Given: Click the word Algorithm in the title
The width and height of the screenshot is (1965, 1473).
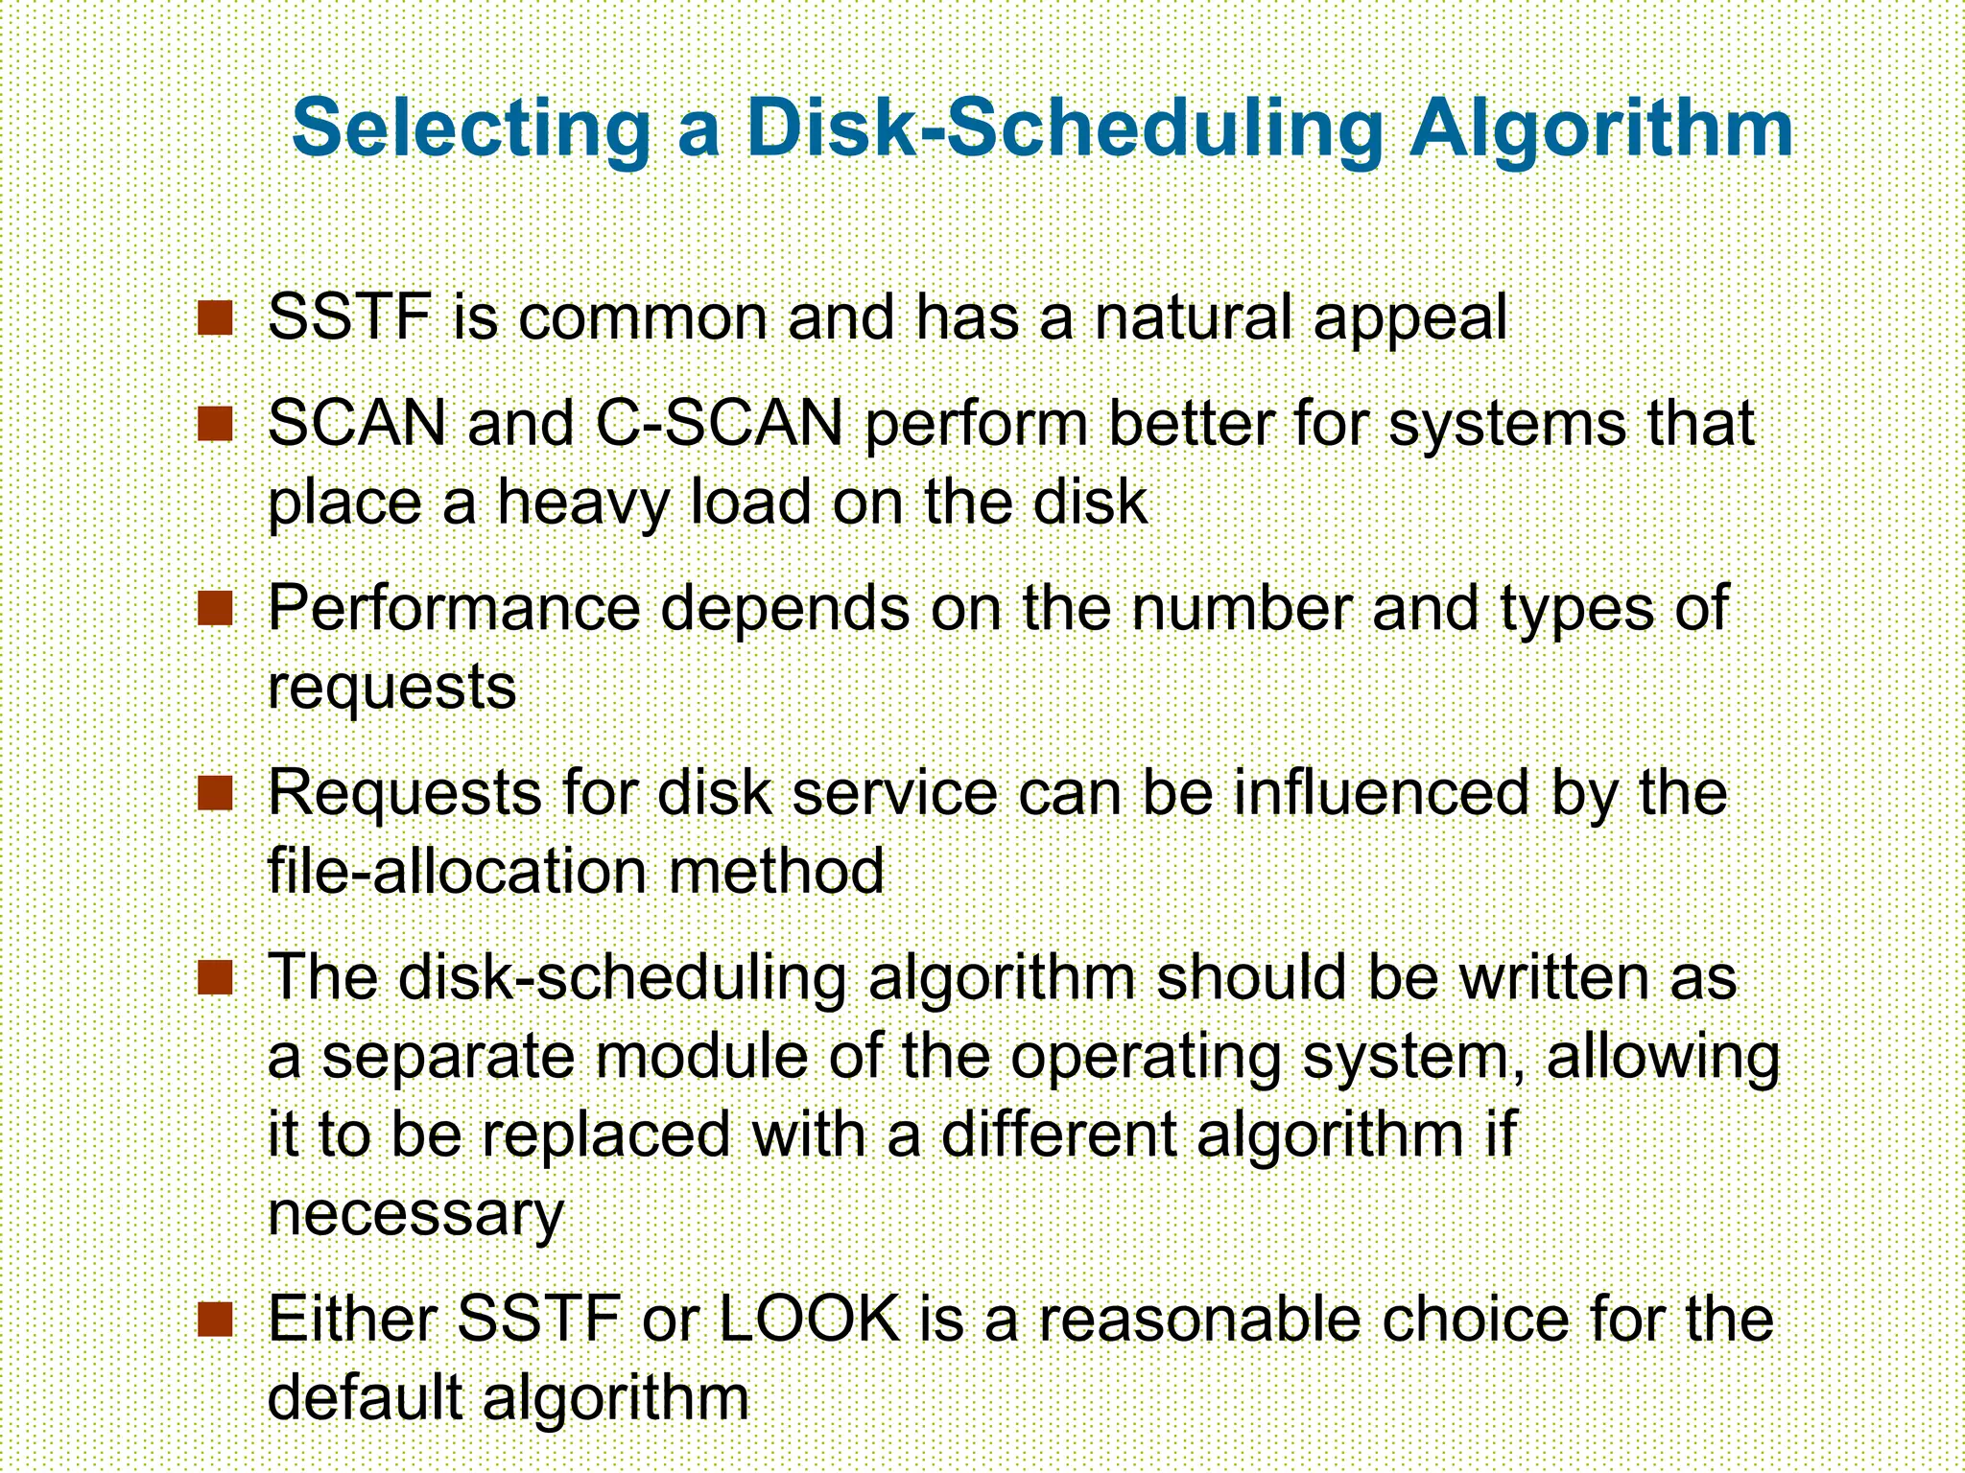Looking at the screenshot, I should (x=1600, y=129).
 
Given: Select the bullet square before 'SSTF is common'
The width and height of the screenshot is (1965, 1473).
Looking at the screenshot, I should (x=215, y=317).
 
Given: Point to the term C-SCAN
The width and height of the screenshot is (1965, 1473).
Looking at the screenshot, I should (x=720, y=423).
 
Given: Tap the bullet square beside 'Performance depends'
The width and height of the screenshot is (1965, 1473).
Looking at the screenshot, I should (x=215, y=608).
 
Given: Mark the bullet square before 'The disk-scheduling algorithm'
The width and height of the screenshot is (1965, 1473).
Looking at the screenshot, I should (x=215, y=978).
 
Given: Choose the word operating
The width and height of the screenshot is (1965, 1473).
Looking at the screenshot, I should (x=1146, y=1057).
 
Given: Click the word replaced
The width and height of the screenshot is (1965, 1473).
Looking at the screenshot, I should (x=605, y=1135).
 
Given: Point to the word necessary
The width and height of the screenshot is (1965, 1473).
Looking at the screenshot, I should (x=414, y=1216).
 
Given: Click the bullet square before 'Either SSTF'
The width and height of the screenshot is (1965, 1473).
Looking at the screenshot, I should (x=215, y=1320).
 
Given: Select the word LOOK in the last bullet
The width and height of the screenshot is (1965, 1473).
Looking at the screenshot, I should (x=809, y=1320).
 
